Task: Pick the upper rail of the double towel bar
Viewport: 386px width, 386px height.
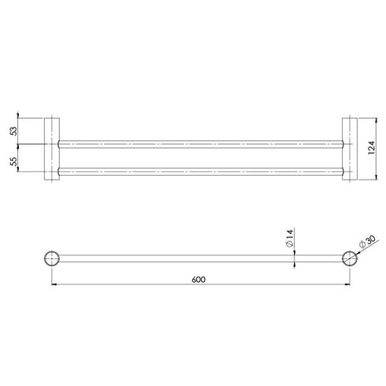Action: coord(199,144)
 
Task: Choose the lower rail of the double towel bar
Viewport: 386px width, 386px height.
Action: coord(199,169)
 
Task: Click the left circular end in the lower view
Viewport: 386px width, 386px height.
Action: coord(53,258)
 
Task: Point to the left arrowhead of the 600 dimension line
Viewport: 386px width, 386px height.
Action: coord(55,284)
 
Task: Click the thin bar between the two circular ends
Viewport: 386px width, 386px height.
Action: coord(199,258)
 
